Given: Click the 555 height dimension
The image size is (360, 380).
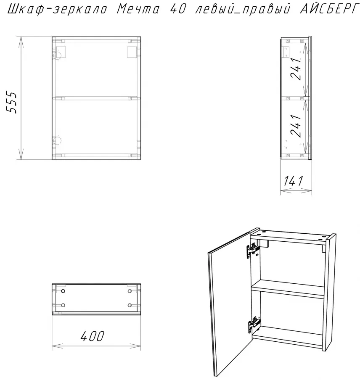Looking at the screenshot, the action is [11, 103].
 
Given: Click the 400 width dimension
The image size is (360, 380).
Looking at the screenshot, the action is [93, 336].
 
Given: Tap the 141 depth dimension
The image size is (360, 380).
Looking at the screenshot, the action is [294, 181].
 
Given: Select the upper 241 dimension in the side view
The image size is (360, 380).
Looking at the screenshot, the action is [296, 69].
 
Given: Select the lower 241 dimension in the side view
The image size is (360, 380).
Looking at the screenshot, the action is [296, 126].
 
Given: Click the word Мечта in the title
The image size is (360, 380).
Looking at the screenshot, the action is [138, 9].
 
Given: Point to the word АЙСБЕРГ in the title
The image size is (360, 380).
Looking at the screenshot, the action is [329, 9].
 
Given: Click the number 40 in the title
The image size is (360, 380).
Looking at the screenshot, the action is [178, 9].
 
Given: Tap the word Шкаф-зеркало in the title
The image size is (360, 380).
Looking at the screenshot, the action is [57, 9].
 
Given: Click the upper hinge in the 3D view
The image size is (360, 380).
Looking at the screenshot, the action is [253, 250].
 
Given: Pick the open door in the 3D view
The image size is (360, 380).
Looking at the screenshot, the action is [230, 303].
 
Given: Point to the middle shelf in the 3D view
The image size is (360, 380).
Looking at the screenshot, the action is [288, 289].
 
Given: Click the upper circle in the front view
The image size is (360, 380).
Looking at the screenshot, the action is [58, 55].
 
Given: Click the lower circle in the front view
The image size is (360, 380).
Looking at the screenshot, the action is [58, 140].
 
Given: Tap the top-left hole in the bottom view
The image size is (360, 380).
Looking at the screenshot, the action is [63, 291].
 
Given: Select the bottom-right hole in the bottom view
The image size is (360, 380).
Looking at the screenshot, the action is [130, 305].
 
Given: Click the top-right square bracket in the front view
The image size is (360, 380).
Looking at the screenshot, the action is [132, 52].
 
